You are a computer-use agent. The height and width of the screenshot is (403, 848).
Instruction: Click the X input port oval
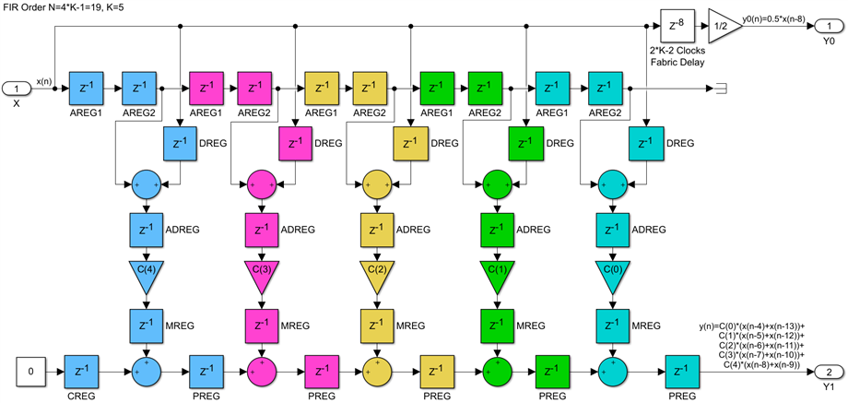pos(16,89)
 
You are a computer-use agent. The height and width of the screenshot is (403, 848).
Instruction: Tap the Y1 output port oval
pos(828,372)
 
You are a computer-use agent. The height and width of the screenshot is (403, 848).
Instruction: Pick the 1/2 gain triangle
pos(724,26)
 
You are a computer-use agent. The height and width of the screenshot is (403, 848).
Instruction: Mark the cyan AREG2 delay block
pos(606,89)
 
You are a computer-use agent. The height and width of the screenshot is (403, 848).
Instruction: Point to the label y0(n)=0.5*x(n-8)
pos(783,13)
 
